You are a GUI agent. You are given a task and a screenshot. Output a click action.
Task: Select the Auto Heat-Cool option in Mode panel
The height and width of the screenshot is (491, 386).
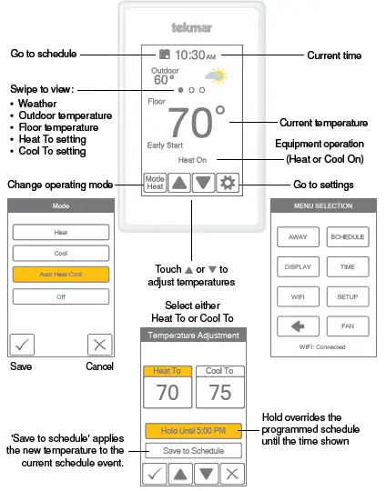(61, 273)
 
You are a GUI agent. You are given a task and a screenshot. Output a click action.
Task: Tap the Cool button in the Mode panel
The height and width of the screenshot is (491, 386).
(61, 252)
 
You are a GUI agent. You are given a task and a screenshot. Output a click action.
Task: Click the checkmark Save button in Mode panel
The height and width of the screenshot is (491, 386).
(21, 345)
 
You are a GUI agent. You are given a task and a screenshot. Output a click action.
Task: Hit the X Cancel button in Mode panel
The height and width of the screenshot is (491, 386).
(100, 345)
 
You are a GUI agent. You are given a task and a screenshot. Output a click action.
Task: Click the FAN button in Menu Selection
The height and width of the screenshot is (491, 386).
(347, 326)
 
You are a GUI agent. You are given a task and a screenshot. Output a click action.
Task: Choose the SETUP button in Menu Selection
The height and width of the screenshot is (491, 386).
(347, 296)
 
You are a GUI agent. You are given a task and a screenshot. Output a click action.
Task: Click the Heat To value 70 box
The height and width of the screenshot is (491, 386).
(168, 389)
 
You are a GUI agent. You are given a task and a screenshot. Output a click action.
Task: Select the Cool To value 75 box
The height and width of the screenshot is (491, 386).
(219, 389)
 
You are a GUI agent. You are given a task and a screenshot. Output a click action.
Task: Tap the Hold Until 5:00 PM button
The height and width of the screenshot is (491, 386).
(193, 430)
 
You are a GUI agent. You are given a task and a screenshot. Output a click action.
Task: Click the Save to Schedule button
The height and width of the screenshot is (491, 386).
(193, 450)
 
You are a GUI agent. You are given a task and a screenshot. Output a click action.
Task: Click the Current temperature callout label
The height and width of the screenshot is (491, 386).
(323, 123)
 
